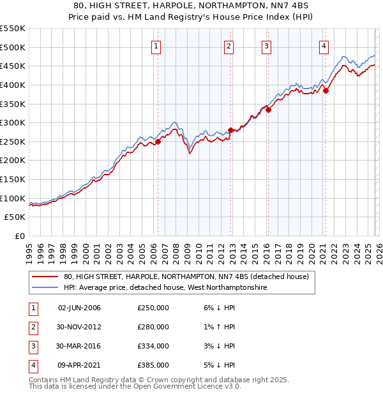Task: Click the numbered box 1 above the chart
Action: tap(156, 46)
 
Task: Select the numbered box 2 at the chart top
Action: tap(229, 46)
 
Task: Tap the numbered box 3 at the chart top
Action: tap(266, 46)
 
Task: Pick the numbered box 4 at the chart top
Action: tap(324, 46)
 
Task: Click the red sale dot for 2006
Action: tap(158, 142)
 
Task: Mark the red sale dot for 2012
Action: tap(231, 131)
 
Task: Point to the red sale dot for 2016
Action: tap(269, 110)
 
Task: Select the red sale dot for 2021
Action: tap(326, 90)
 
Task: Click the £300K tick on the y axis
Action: tap(13, 122)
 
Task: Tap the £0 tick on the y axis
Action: tap(19, 236)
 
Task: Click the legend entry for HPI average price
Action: tap(165, 288)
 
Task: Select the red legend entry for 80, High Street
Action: tap(186, 276)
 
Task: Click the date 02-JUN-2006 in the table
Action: tap(79, 308)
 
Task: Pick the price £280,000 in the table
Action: tap(153, 327)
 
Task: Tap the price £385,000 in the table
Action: tap(153, 365)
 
